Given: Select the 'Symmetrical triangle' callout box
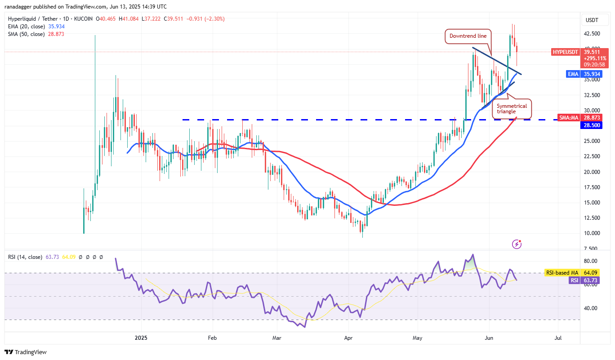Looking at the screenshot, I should pyautogui.click(x=512, y=108).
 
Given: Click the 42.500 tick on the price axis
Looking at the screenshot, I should pyautogui.click(x=592, y=34).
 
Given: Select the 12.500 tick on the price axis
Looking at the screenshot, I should pyautogui.click(x=592, y=218).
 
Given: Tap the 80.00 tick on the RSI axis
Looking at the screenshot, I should pyautogui.click(x=590, y=261).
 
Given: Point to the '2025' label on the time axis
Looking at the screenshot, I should pyautogui.click(x=141, y=338).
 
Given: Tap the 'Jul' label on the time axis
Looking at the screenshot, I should pyautogui.click(x=558, y=338).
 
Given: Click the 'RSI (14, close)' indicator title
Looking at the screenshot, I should pyautogui.click(x=25, y=257).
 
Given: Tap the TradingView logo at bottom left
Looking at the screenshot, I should pyautogui.click(x=26, y=352).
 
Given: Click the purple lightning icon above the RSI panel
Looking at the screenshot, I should pyautogui.click(x=517, y=244).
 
